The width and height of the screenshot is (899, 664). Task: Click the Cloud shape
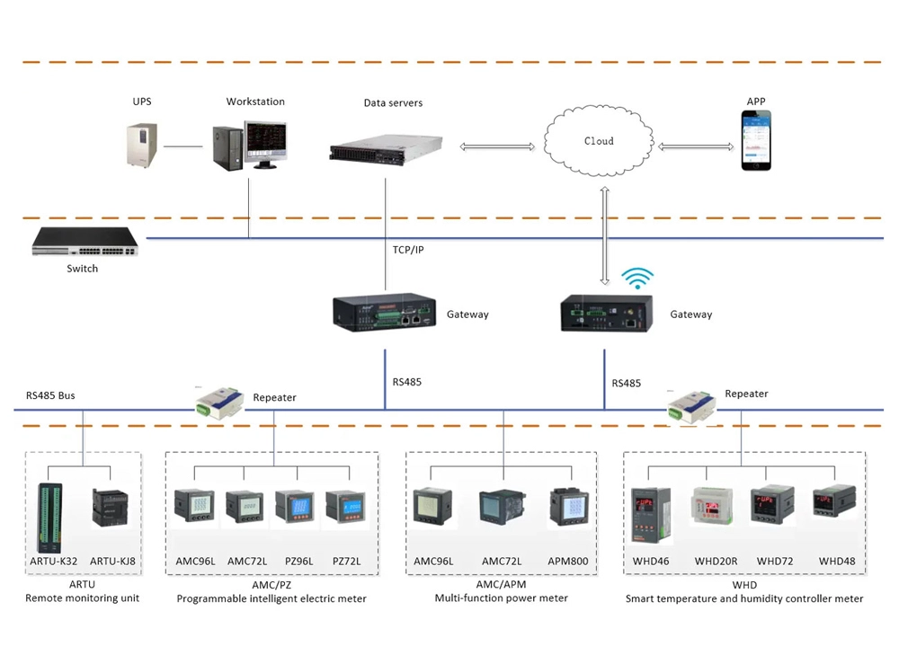point(598,142)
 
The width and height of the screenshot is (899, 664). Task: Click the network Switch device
point(85,242)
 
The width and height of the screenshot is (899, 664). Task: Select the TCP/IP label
point(407,250)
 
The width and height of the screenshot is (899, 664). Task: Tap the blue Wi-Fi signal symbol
point(639,279)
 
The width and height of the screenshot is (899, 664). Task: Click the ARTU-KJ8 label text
point(113,562)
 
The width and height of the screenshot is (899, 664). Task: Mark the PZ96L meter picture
point(293,509)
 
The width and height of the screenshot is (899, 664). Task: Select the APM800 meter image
point(567,509)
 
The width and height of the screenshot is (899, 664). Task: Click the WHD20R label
point(716,562)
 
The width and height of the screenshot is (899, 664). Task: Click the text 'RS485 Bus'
point(50,394)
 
